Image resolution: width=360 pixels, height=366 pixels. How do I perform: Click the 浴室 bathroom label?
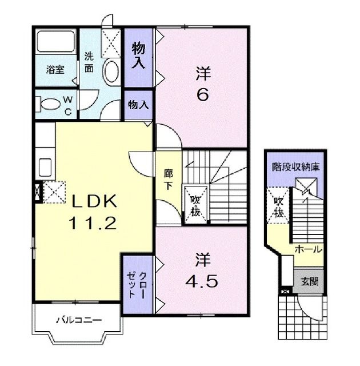[55, 70]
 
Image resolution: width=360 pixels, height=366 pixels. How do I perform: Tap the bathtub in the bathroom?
[56, 41]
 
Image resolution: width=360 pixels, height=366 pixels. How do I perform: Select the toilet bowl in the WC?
[50, 104]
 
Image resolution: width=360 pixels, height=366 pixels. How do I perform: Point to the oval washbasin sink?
[111, 71]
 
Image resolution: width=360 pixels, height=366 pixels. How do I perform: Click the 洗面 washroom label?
[89, 62]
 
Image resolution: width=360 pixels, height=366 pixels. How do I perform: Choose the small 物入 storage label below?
[138, 105]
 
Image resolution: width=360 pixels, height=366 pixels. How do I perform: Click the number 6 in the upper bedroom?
[203, 95]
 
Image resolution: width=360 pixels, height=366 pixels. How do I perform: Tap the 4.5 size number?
[202, 281]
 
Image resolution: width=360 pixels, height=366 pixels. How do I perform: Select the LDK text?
[94, 201]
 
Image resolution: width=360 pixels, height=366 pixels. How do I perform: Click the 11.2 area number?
[93, 222]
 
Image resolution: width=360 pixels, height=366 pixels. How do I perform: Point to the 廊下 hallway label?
[168, 180]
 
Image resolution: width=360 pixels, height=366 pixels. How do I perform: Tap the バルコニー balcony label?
[79, 320]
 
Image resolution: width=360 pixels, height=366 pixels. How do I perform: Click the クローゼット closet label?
[137, 285]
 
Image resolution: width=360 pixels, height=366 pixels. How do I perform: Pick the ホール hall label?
[308, 249]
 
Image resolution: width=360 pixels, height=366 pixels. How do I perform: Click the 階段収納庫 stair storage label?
[295, 167]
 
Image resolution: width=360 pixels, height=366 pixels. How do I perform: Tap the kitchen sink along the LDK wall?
[45, 168]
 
